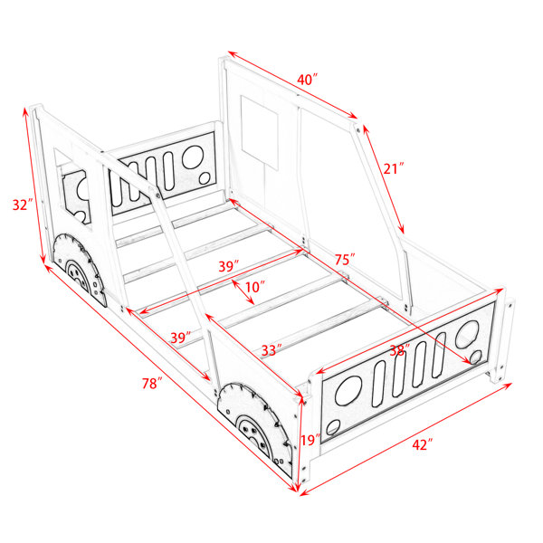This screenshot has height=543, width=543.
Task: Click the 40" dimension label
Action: point(307,80)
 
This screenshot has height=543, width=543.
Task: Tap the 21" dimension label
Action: point(394,168)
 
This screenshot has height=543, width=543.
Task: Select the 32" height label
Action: point(23,205)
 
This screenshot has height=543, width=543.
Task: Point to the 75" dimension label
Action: point(345,260)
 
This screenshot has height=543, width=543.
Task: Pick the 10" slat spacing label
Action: point(255,287)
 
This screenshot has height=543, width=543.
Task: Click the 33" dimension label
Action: point(271,350)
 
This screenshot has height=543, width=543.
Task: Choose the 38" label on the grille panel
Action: point(400,350)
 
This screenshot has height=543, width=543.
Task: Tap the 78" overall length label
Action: point(152,384)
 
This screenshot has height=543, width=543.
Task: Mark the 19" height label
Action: point(310,441)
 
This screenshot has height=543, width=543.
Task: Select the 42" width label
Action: point(423,444)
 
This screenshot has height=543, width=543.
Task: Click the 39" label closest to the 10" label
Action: point(229,266)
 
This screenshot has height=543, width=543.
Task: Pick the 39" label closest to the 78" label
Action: point(181,338)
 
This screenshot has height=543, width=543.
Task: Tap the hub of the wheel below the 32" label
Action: point(75,272)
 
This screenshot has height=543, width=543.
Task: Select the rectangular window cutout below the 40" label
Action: point(260,132)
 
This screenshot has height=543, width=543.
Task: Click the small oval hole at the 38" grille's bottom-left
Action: point(333,427)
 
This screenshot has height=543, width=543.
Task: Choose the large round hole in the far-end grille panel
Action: point(192,157)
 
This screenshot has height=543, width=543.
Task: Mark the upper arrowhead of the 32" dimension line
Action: point(25,111)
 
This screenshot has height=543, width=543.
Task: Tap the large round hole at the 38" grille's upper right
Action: point(467,334)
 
